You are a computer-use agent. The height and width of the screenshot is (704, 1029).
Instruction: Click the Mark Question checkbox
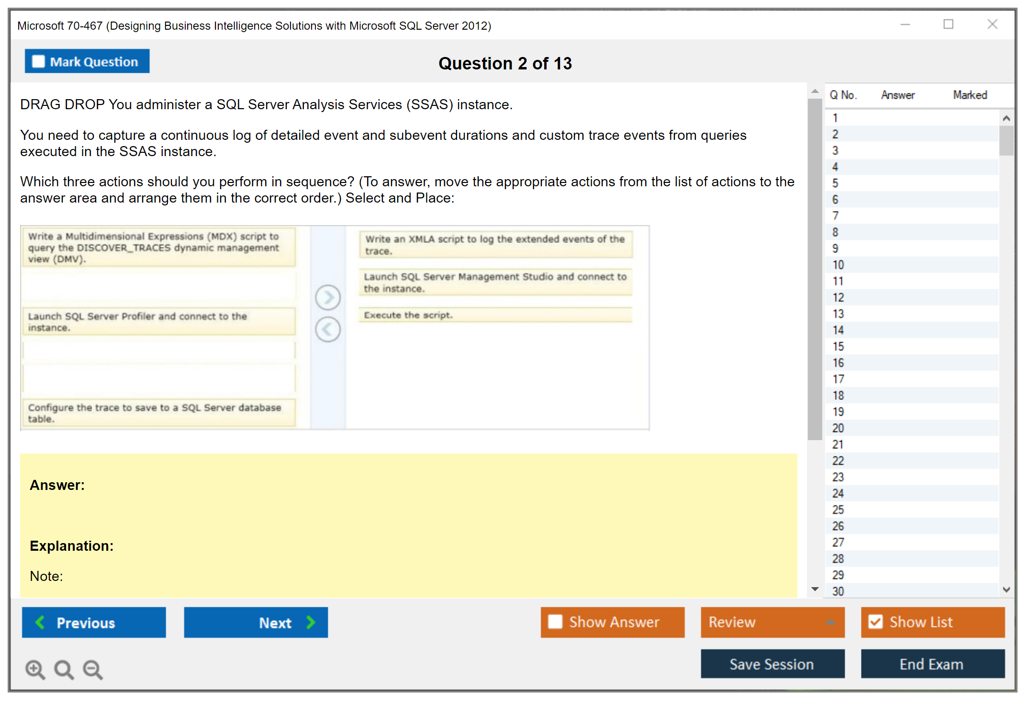click(38, 62)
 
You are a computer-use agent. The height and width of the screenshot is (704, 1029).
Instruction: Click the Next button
click(256, 622)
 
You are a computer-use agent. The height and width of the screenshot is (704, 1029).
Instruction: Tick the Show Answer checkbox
click(555, 622)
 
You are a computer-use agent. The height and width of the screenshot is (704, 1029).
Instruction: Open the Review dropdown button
click(772, 622)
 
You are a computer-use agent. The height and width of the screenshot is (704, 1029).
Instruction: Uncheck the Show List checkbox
click(876, 622)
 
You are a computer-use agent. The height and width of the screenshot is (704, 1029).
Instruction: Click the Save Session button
click(772, 664)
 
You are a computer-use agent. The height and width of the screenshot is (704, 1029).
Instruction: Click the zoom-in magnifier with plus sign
click(35, 669)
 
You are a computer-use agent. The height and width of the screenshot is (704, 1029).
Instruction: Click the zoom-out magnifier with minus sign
click(93, 669)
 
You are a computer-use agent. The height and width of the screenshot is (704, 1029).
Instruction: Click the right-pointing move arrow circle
click(328, 297)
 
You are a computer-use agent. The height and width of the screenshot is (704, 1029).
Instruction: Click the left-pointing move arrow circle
click(328, 329)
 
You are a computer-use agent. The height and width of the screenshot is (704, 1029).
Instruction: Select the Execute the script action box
click(495, 315)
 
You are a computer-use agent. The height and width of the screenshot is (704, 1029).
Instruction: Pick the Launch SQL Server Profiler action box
click(158, 322)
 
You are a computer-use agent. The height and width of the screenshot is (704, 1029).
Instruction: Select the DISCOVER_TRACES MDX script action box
click(158, 248)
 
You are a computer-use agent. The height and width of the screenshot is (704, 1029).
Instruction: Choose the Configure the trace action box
click(158, 413)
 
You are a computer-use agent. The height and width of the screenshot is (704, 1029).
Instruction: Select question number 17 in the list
click(838, 379)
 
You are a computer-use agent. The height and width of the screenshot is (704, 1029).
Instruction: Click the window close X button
click(992, 24)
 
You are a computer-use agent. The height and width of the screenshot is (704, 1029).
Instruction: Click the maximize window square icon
click(948, 24)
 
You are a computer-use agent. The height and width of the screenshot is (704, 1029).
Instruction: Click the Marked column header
click(970, 95)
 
